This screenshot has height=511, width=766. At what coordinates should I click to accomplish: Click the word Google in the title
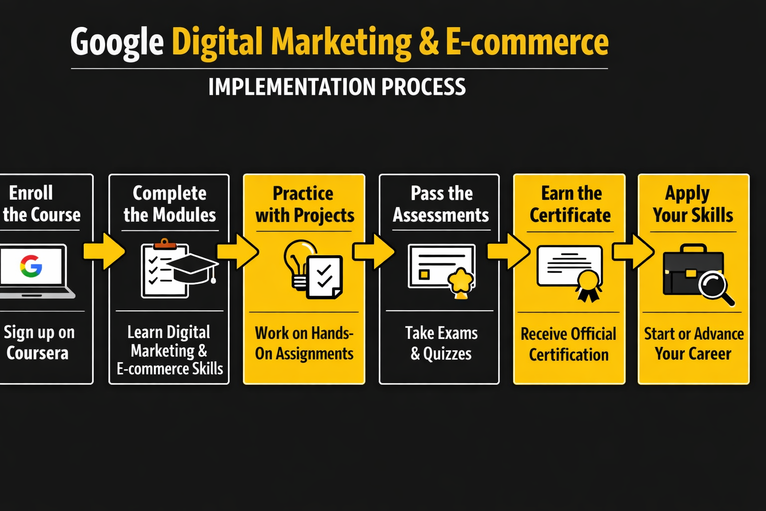(117, 42)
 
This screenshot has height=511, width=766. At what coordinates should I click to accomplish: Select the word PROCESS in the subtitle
(423, 87)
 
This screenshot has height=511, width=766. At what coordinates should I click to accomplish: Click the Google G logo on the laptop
(31, 266)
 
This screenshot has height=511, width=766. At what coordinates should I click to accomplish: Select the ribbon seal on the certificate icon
(588, 286)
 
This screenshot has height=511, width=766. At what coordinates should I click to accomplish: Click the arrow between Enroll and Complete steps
(104, 251)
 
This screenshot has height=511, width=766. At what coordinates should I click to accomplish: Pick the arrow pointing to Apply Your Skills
(633, 252)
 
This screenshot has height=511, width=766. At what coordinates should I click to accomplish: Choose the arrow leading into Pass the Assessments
(373, 252)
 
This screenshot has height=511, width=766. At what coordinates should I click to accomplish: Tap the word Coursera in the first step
(37, 353)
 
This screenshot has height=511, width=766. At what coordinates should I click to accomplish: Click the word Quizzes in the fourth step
(447, 354)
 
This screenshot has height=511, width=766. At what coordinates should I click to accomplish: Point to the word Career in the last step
(710, 354)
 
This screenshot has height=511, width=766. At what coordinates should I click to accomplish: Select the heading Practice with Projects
(304, 204)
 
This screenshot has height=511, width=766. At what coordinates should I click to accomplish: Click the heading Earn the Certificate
(570, 204)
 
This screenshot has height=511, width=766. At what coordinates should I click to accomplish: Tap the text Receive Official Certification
(569, 344)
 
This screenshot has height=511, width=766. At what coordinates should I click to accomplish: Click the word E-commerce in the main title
(527, 42)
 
